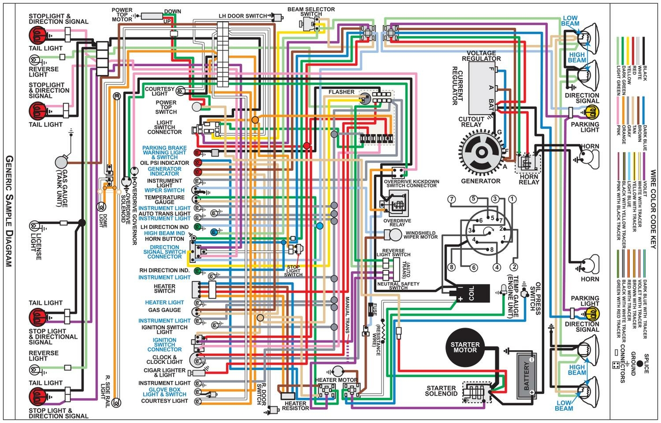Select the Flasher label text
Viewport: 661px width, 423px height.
pyautogui.click(x=342, y=91)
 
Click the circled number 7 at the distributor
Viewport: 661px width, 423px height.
pyautogui.click(x=452, y=199)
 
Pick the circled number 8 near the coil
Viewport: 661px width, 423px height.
pyautogui.click(x=451, y=268)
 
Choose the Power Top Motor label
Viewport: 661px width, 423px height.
pyautogui.click(x=122, y=15)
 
